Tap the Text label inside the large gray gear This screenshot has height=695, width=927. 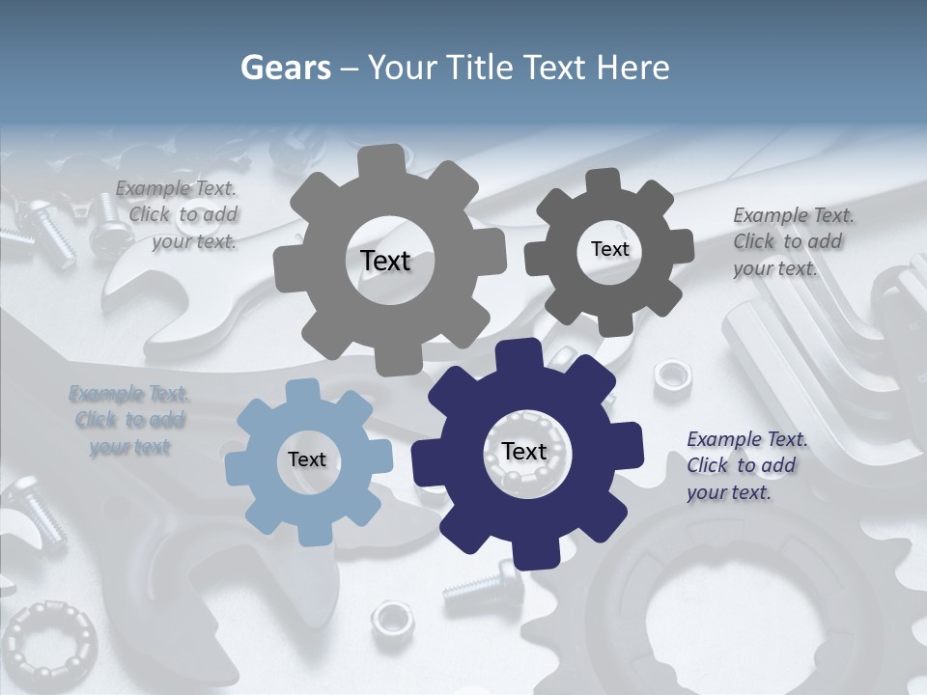point(385,261)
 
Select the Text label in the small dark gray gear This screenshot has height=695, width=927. point(609,249)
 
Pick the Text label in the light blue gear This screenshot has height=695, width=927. point(307,459)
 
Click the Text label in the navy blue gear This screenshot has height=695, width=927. point(524,451)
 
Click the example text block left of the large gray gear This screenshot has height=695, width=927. point(177,215)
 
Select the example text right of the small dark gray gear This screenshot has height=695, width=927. point(788,241)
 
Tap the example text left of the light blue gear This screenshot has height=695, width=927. point(129,420)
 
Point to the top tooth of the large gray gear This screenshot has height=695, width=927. point(380,159)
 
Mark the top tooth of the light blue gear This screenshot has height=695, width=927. point(303,391)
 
